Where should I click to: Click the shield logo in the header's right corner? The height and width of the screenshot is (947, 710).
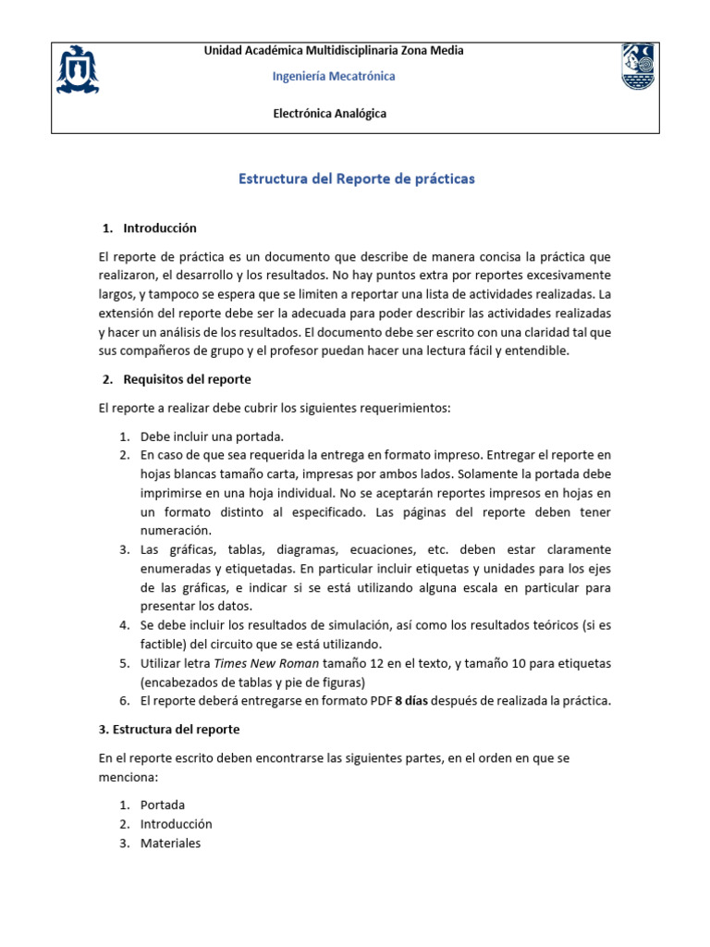(641, 67)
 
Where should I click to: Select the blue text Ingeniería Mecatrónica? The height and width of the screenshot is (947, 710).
(334, 77)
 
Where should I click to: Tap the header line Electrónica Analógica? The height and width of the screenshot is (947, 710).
(330, 114)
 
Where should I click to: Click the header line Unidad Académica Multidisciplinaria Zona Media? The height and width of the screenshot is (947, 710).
(334, 51)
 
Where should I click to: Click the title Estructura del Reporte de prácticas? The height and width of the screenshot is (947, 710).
(357, 178)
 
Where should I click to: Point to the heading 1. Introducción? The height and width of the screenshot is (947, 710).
(150, 228)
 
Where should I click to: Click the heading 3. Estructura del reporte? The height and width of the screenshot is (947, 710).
(169, 730)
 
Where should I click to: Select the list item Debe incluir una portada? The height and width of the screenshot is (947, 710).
(212, 437)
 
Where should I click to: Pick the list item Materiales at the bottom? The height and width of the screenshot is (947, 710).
(170, 843)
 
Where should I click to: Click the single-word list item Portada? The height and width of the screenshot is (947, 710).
(163, 806)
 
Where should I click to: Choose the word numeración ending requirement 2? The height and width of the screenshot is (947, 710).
(177, 531)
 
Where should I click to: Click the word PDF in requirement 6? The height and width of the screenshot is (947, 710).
(379, 701)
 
